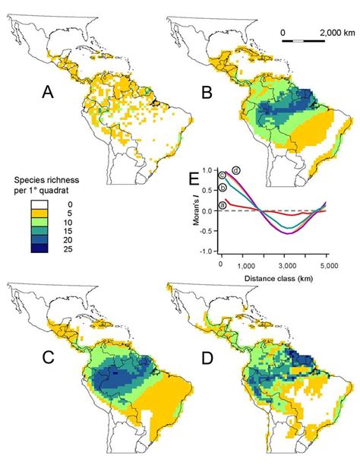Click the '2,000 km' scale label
pos(323,33)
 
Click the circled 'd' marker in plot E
pos(236,169)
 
